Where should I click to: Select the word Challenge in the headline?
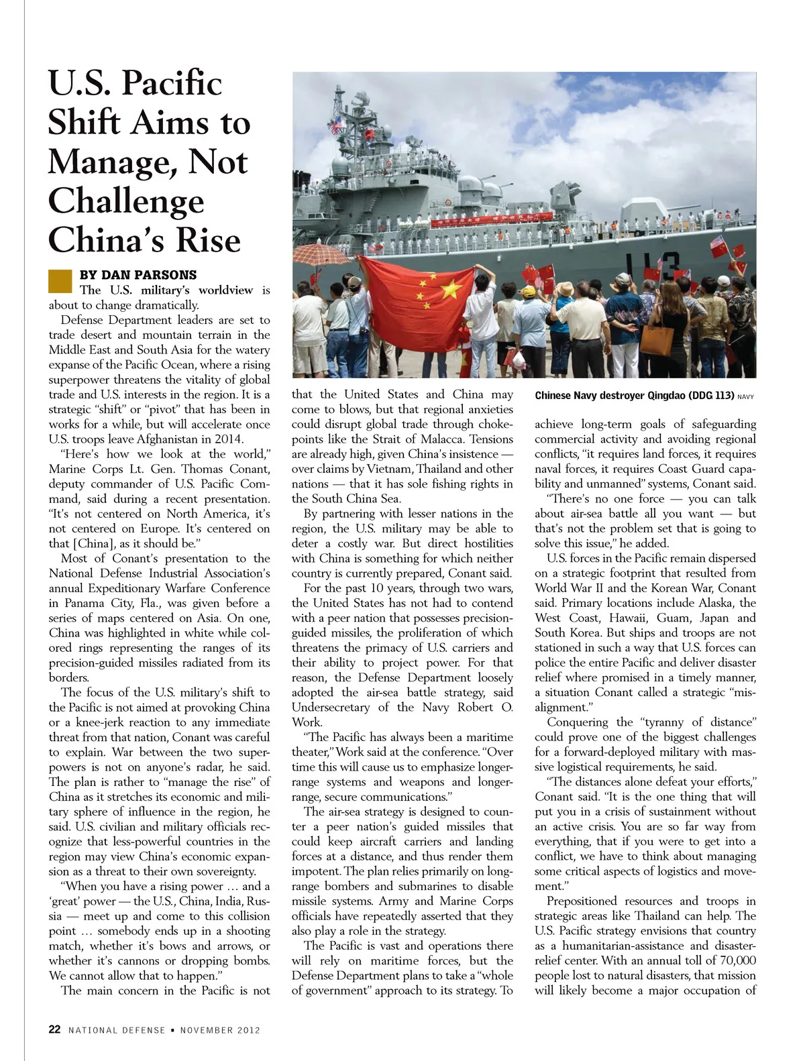[x=126, y=201]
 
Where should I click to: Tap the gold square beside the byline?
[x=60, y=281]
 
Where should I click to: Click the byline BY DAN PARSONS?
[x=138, y=275]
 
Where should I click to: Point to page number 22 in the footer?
[x=54, y=1029]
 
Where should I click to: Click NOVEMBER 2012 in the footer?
[x=220, y=1030]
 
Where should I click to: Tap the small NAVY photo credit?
[x=745, y=397]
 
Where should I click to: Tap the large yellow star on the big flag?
[x=450, y=290]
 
